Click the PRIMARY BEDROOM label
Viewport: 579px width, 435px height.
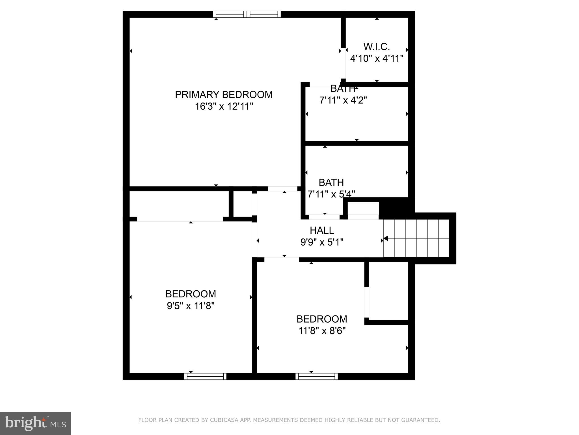coord(224,95)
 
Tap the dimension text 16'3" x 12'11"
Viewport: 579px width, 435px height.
coord(224,107)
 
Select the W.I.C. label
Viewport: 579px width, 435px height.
coord(377,46)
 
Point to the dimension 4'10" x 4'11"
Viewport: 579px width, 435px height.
coord(377,59)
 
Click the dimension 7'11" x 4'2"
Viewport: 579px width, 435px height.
coord(343,100)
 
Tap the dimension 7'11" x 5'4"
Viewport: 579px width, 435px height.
coord(331,194)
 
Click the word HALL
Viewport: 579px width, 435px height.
coord(322,231)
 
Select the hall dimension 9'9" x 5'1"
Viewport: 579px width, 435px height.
coord(322,242)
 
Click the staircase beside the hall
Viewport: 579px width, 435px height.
coord(416,238)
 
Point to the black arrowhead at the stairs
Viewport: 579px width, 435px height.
coord(386,238)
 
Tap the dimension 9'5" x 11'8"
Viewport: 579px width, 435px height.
coord(191,306)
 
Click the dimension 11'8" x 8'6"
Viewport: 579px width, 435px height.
coord(322,331)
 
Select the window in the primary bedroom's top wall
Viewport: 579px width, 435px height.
coord(247,14)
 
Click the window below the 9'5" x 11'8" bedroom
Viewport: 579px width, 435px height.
coord(205,376)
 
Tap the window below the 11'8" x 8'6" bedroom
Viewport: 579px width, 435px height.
coord(317,376)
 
